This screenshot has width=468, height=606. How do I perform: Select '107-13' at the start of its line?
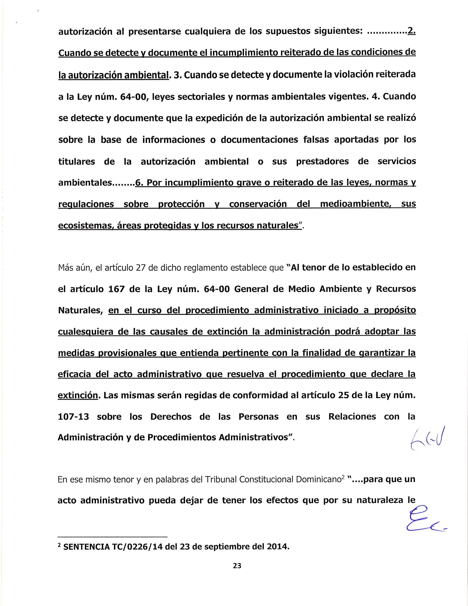[73, 416]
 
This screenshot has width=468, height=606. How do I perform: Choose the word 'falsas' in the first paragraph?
[315, 140]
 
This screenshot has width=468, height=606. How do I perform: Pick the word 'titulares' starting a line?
[77, 161]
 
